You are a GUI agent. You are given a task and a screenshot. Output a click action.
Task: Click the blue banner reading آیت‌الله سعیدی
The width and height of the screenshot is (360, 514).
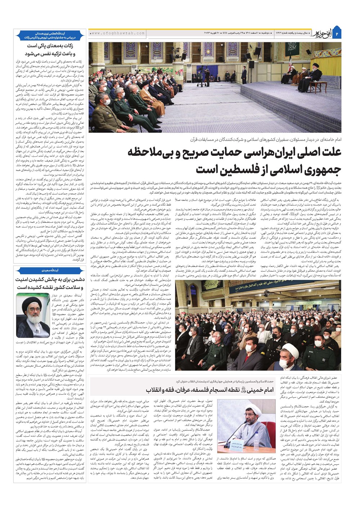[x=50, y=270]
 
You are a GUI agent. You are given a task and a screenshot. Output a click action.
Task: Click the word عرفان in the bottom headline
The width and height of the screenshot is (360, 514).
[x=184, y=390]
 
